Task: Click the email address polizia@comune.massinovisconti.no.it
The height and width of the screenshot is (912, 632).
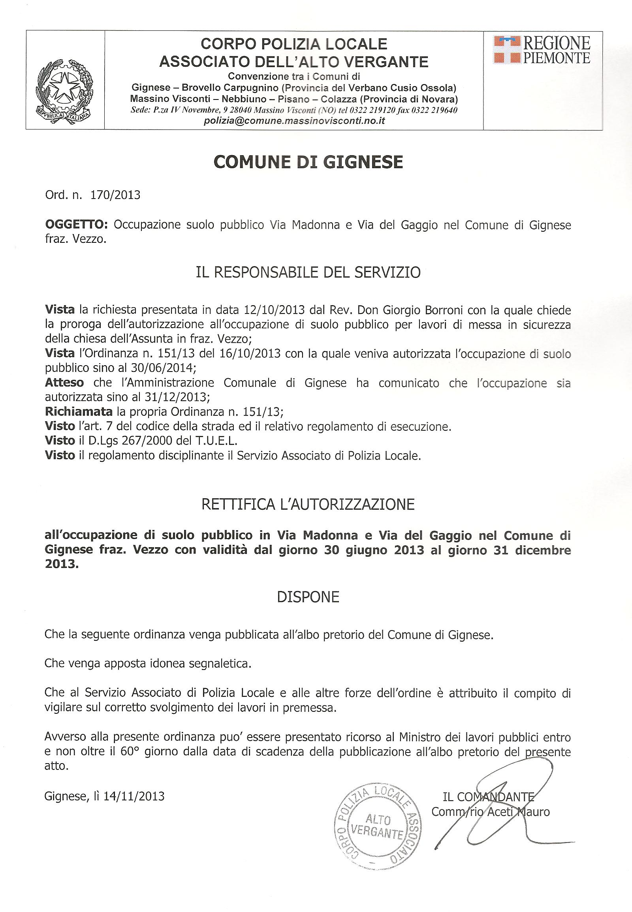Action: (x=294, y=122)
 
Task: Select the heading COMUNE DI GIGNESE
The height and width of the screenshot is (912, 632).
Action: (x=308, y=162)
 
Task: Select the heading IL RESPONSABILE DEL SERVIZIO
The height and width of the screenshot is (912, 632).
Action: (x=308, y=273)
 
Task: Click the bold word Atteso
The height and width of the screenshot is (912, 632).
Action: (x=64, y=383)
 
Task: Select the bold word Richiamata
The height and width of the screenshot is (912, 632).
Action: (x=79, y=412)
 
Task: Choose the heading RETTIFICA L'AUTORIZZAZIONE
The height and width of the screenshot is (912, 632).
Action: (x=308, y=504)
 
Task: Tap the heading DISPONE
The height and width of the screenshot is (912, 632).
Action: (x=308, y=597)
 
